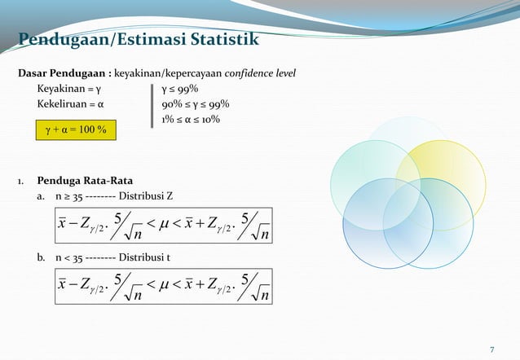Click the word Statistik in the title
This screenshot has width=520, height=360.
pyautogui.click(x=226, y=38)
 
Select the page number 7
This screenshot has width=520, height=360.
pyautogui.click(x=491, y=350)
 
